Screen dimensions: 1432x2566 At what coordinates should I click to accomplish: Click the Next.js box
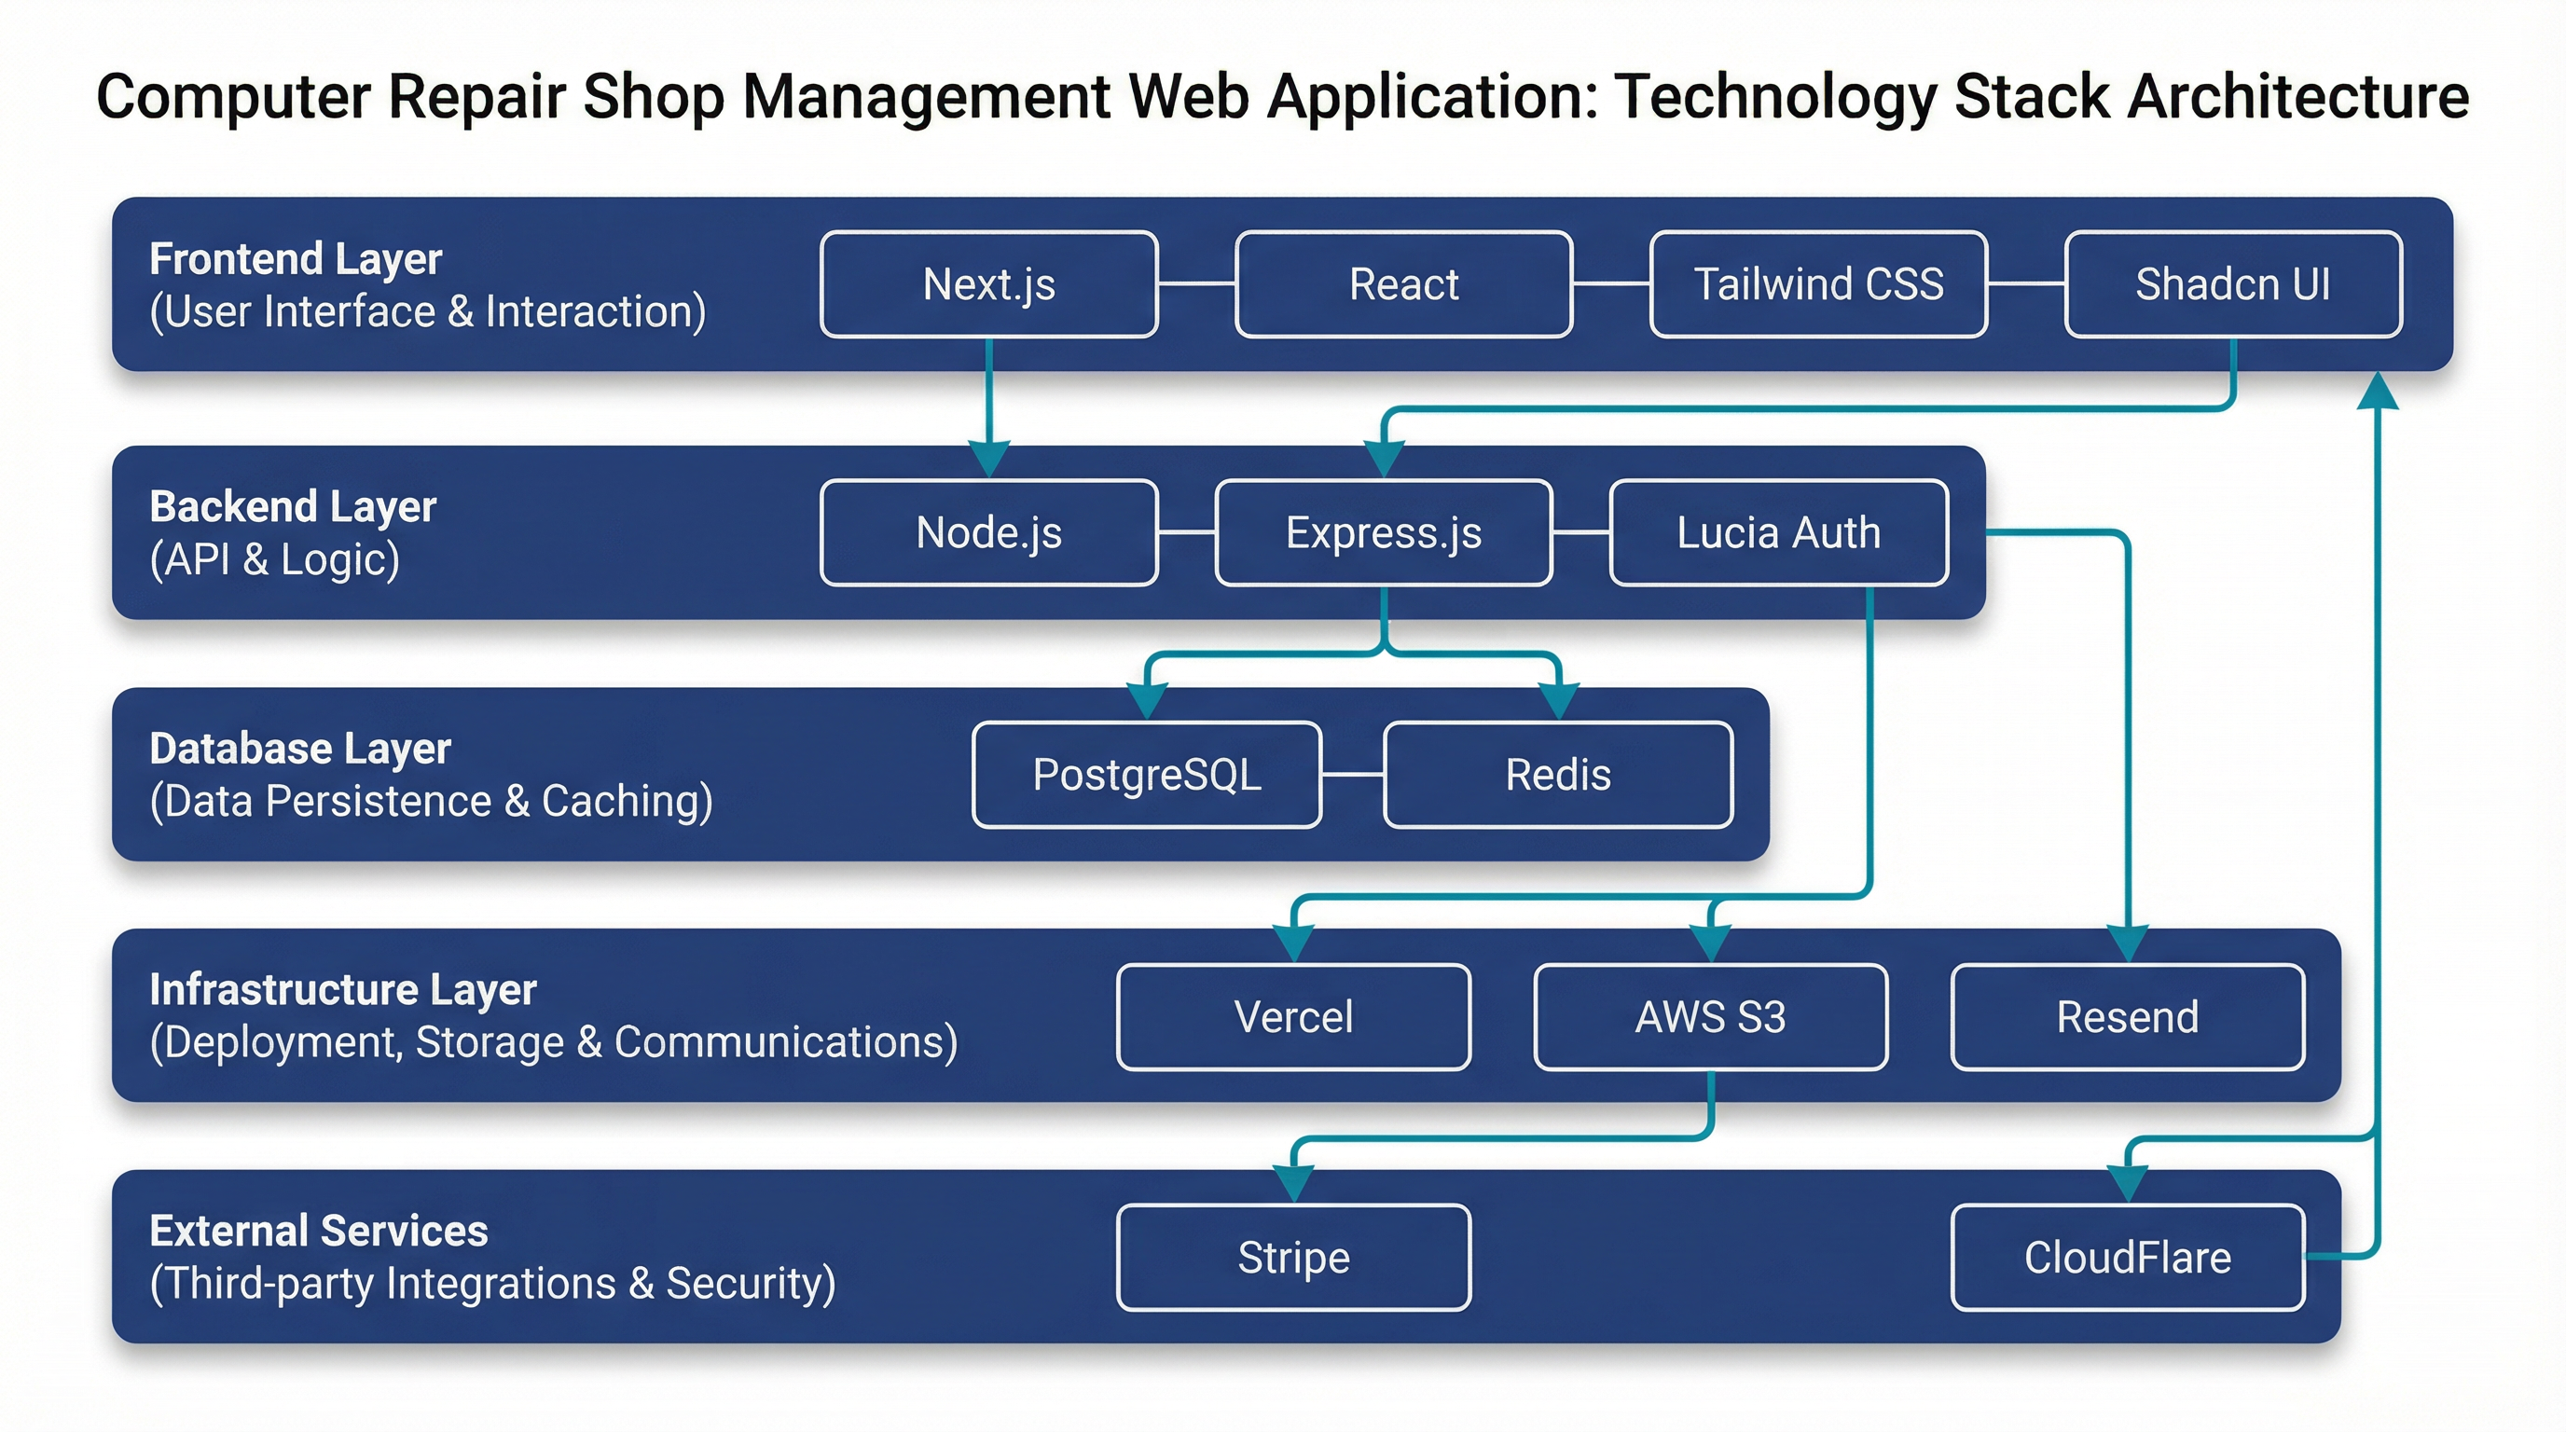tap(988, 284)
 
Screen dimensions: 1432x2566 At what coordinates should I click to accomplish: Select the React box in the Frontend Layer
tap(1403, 284)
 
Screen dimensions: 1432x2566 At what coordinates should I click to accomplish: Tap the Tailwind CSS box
tap(1818, 284)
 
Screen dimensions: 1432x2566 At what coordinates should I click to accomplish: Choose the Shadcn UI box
tap(2232, 284)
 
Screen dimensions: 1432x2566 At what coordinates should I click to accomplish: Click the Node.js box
tap(988, 532)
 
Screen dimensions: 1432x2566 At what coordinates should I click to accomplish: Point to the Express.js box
tap(1384, 532)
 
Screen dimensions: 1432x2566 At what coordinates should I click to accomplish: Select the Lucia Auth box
tap(1778, 532)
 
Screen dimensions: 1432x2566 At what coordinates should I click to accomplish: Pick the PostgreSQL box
tap(1147, 775)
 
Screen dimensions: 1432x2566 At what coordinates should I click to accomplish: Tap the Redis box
tap(1558, 775)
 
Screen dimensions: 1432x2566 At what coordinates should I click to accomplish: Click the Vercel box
tap(1293, 1017)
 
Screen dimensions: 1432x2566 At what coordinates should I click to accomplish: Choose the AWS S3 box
tap(1710, 1017)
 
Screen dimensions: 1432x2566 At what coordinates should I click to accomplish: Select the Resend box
tap(2127, 1017)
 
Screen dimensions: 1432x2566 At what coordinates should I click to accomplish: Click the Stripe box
tap(1293, 1258)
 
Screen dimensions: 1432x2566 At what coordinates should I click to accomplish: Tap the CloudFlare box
tap(2127, 1258)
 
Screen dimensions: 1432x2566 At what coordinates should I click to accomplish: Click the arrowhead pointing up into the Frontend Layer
tap(2378, 391)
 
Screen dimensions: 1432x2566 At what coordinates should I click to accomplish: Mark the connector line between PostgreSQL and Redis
tap(1353, 775)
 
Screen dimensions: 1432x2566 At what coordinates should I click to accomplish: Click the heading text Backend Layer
tap(293, 507)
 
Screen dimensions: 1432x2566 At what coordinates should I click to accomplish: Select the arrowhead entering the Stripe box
tap(1294, 1185)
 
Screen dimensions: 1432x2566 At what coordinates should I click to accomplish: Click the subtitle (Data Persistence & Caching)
tap(431, 802)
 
